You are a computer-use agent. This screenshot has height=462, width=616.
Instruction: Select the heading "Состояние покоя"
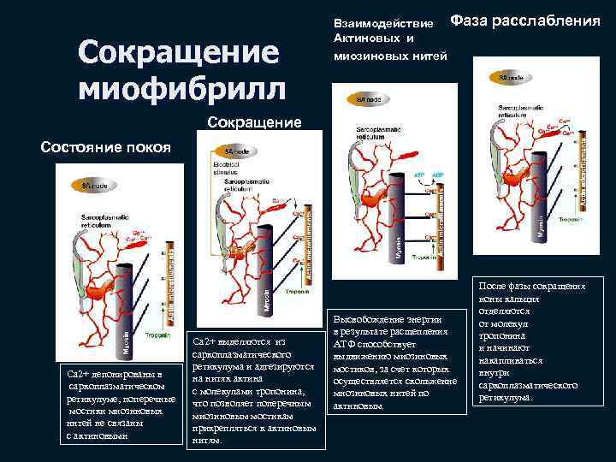106,146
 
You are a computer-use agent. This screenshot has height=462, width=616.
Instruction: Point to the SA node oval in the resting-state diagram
89,185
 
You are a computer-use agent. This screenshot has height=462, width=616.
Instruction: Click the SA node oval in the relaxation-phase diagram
511,77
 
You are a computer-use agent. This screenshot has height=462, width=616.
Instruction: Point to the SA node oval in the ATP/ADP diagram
359,101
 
